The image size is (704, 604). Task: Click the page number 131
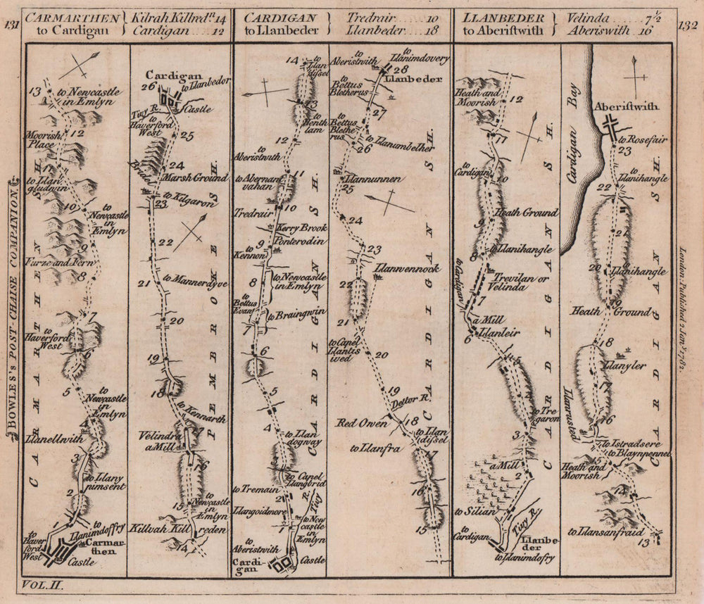pyautogui.click(x=11, y=27)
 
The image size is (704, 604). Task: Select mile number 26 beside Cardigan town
pyautogui.click(x=148, y=87)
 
